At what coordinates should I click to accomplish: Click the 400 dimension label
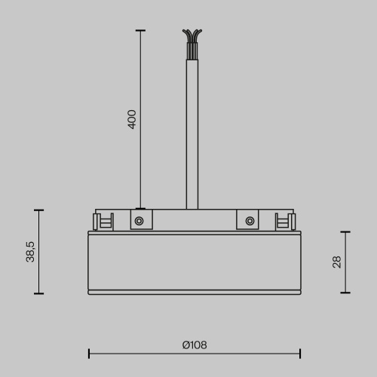point(132,120)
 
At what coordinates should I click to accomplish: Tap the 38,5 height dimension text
point(31,252)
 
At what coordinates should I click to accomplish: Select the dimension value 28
point(337,262)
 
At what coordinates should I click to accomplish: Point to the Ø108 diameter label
point(195,345)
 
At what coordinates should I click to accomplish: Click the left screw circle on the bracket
point(139,221)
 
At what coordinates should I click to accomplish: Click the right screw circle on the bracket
point(250,221)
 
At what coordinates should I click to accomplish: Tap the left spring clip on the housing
point(102,221)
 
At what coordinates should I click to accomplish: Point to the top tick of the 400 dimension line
point(140,30)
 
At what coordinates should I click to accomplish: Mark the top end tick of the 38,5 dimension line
point(38,210)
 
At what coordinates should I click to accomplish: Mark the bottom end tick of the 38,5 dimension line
point(38,293)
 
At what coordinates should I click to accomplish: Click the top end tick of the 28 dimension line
point(345,232)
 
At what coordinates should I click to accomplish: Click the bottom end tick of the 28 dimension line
point(345,293)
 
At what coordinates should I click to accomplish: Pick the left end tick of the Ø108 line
point(89,353)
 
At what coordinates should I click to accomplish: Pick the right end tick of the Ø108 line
point(300,353)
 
